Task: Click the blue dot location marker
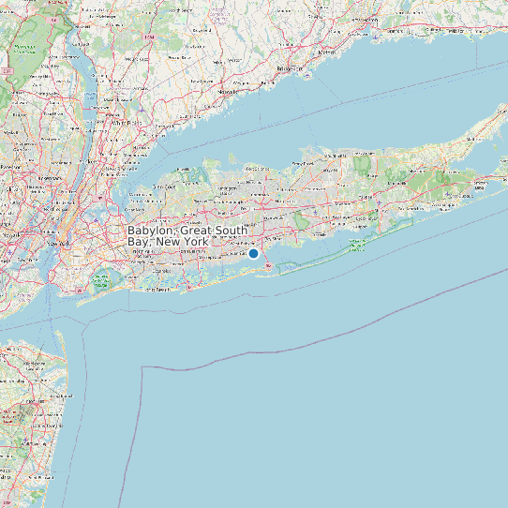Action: pyautogui.click(x=253, y=253)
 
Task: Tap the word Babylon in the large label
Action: pyautogui.click(x=150, y=230)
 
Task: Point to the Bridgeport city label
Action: pyautogui.click(x=291, y=70)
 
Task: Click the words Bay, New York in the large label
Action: pyautogui.click(x=168, y=242)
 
